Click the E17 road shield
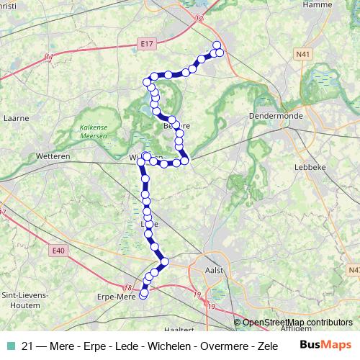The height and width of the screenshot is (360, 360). pyautogui.click(x=148, y=44)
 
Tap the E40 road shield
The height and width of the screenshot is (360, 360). pyautogui.click(x=58, y=251)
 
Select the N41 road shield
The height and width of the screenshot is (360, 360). pyautogui.click(x=303, y=53)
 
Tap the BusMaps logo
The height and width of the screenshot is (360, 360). pyautogui.click(x=326, y=344)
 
